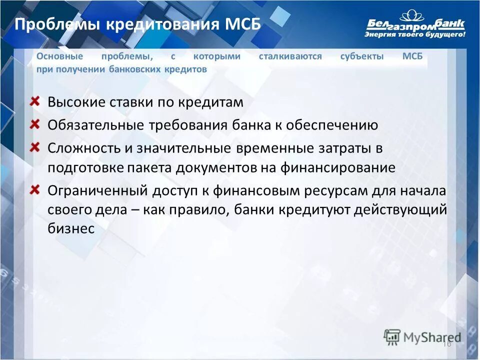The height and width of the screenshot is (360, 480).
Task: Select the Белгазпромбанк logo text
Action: tap(415, 23)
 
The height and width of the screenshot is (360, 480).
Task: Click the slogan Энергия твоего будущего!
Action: tap(415, 35)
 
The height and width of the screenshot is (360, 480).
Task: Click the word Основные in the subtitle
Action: tap(59, 56)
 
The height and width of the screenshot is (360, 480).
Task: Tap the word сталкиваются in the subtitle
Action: tap(290, 56)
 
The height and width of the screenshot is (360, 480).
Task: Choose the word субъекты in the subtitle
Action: tap(362, 56)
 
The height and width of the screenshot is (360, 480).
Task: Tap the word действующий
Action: tap(399, 210)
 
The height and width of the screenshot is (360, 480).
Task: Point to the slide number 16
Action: tap(447, 343)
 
